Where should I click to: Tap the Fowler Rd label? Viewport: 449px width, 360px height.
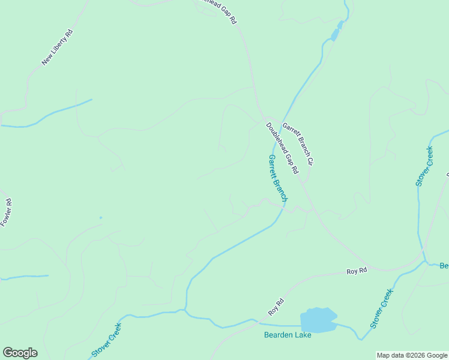pyautogui.click(x=6, y=213)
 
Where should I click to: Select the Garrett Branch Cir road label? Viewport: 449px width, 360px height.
pyautogui.click(x=298, y=145)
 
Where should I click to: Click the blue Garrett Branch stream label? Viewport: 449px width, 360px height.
pyautogui.click(x=278, y=178)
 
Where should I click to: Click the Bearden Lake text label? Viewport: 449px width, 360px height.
pyautogui.click(x=288, y=335)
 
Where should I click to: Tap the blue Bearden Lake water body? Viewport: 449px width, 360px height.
pyautogui.click(x=318, y=320)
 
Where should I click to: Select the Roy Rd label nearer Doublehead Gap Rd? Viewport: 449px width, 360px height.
pyautogui.click(x=357, y=271)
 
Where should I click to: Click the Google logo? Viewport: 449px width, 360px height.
pyautogui.click(x=20, y=353)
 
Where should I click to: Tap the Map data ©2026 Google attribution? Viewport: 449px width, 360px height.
pyautogui.click(x=412, y=355)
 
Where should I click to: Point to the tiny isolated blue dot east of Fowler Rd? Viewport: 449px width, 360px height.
pyautogui.click(x=101, y=217)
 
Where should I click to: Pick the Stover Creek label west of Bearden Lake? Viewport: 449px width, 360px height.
pyautogui.click(x=107, y=340)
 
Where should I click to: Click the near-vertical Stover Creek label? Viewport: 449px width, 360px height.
pyautogui.click(x=423, y=166)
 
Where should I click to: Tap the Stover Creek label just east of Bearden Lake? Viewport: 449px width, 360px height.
pyautogui.click(x=382, y=308)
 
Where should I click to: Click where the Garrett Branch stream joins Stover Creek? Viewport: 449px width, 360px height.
pyautogui.click(x=187, y=310)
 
